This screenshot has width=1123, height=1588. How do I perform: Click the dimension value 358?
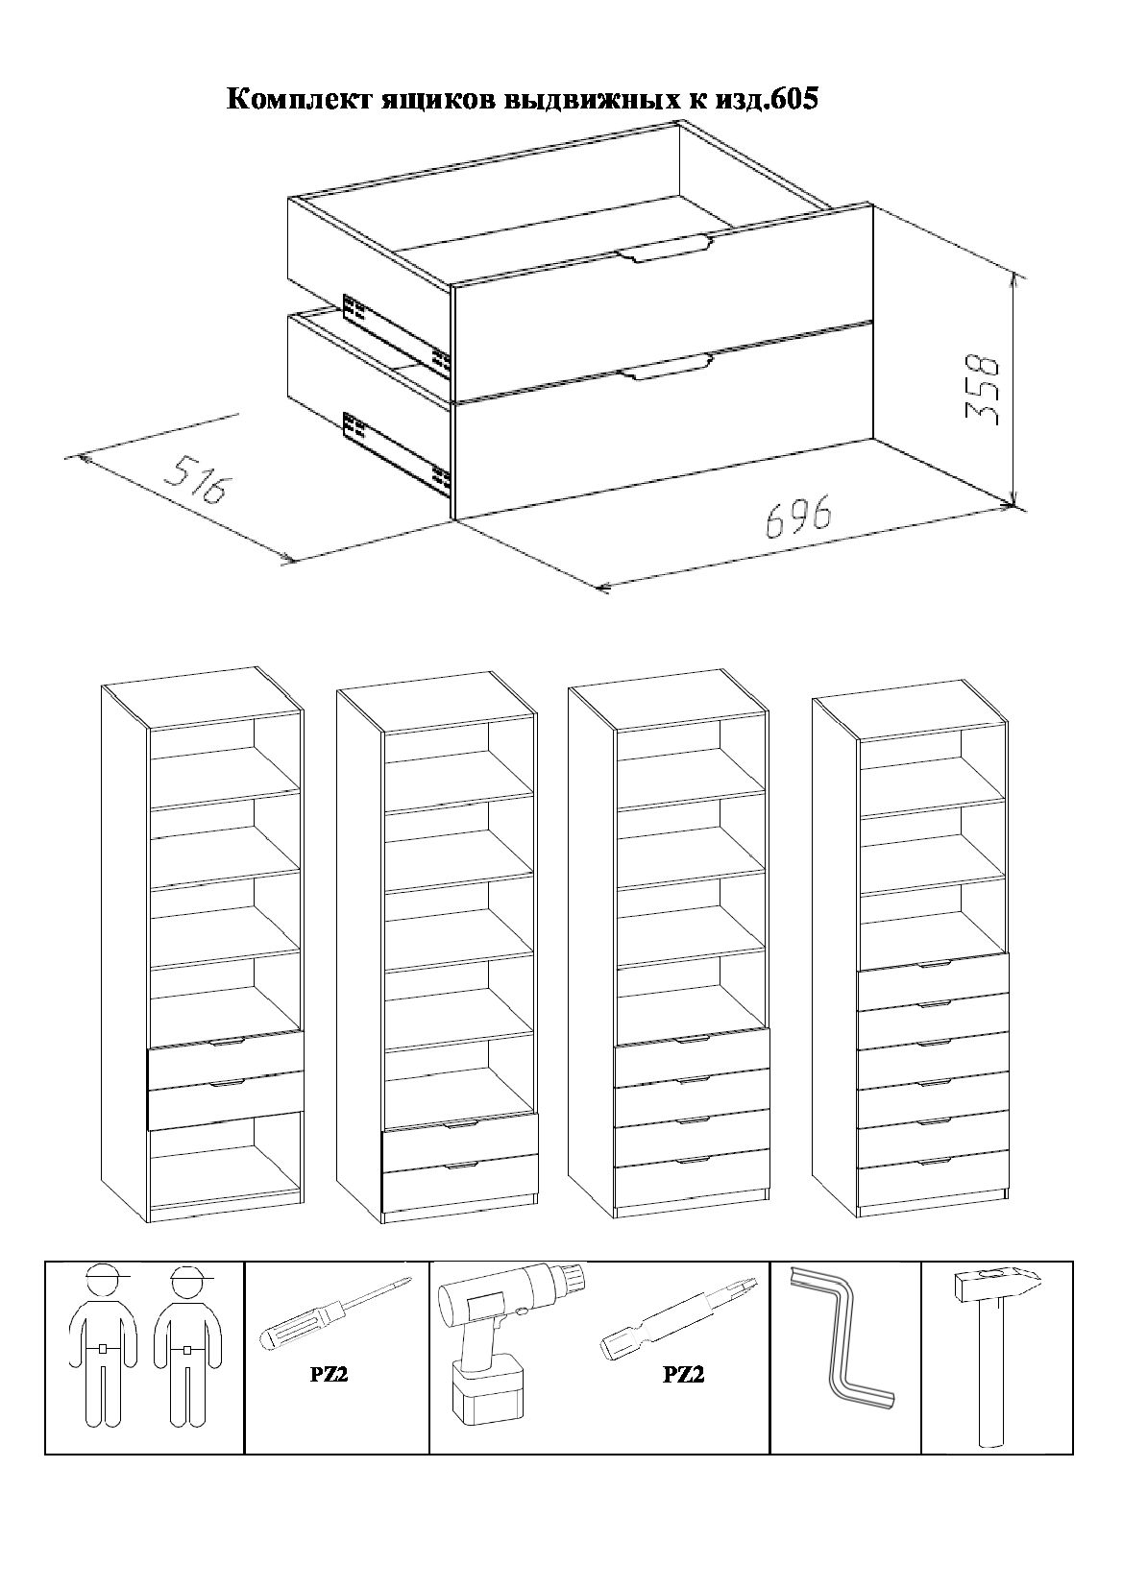pos(984,389)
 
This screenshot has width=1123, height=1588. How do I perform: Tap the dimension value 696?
pos(798,517)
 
